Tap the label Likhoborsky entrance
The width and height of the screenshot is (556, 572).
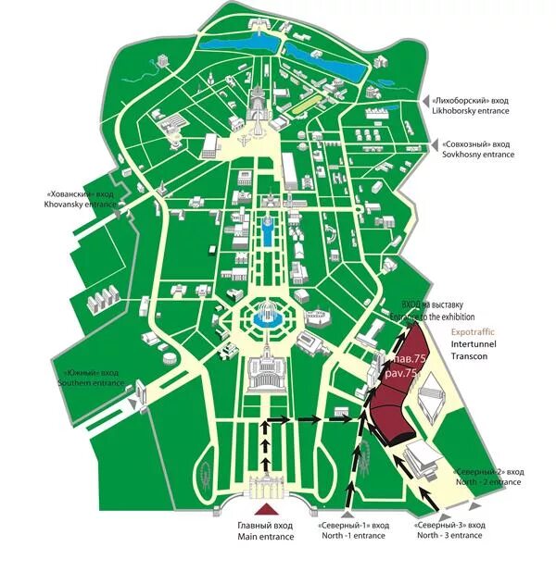point(471,110)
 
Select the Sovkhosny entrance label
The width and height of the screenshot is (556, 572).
point(473,155)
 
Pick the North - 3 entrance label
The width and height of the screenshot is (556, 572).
point(449,535)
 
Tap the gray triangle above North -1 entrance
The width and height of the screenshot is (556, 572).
point(347,514)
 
